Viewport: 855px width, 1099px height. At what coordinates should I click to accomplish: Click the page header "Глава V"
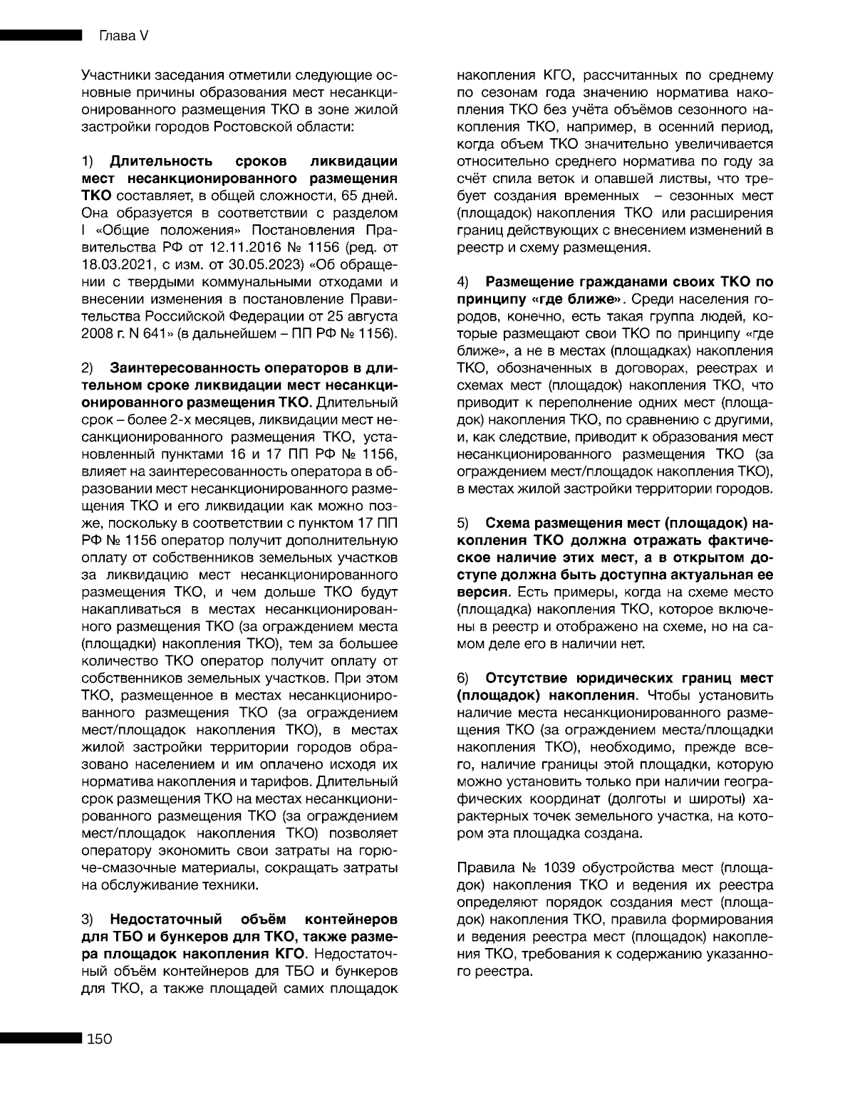tap(118, 36)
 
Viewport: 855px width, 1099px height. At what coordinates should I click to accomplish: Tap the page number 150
tap(100, 1038)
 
